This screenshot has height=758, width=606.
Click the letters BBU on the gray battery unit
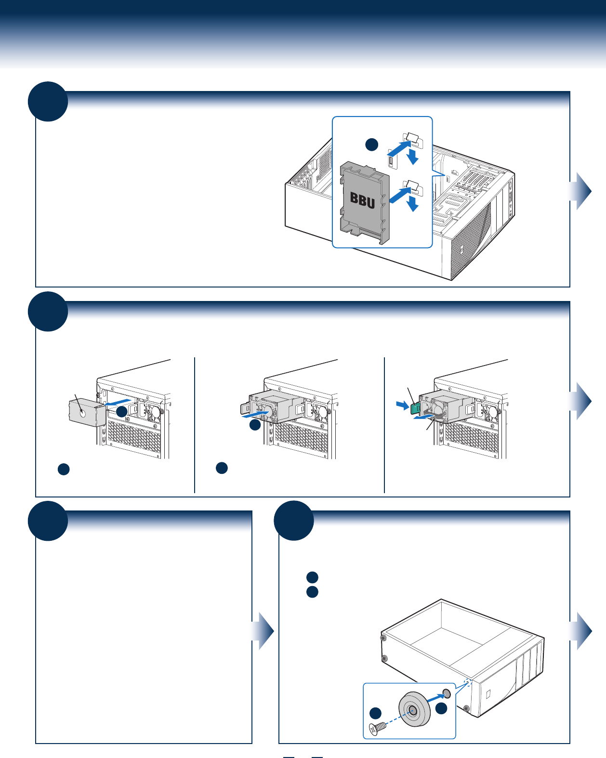pos(362,200)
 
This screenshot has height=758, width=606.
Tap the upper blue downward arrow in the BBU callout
pos(412,157)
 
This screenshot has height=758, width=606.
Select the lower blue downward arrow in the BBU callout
pos(412,204)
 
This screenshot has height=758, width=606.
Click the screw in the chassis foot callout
pos(377,728)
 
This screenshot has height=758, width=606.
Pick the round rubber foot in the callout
pos(414,709)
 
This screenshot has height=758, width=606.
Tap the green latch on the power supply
pos(415,408)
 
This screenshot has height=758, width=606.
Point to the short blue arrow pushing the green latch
pos(402,405)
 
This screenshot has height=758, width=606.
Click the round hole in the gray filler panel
pos(82,413)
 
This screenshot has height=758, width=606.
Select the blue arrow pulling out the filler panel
pos(119,403)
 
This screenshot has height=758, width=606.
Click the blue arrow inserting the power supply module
pos(256,414)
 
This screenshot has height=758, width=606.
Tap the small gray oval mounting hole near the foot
pos(446,693)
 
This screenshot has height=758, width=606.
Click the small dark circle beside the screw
pos(375,713)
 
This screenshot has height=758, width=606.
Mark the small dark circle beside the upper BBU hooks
pos(372,145)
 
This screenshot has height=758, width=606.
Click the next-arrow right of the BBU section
pos(580,191)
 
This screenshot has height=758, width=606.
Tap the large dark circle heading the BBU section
pos(48,102)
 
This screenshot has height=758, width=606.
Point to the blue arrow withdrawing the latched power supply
pos(424,417)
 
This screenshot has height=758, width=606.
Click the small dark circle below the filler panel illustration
pos(64,469)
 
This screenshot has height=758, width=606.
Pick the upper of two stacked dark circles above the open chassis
pos(312,577)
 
